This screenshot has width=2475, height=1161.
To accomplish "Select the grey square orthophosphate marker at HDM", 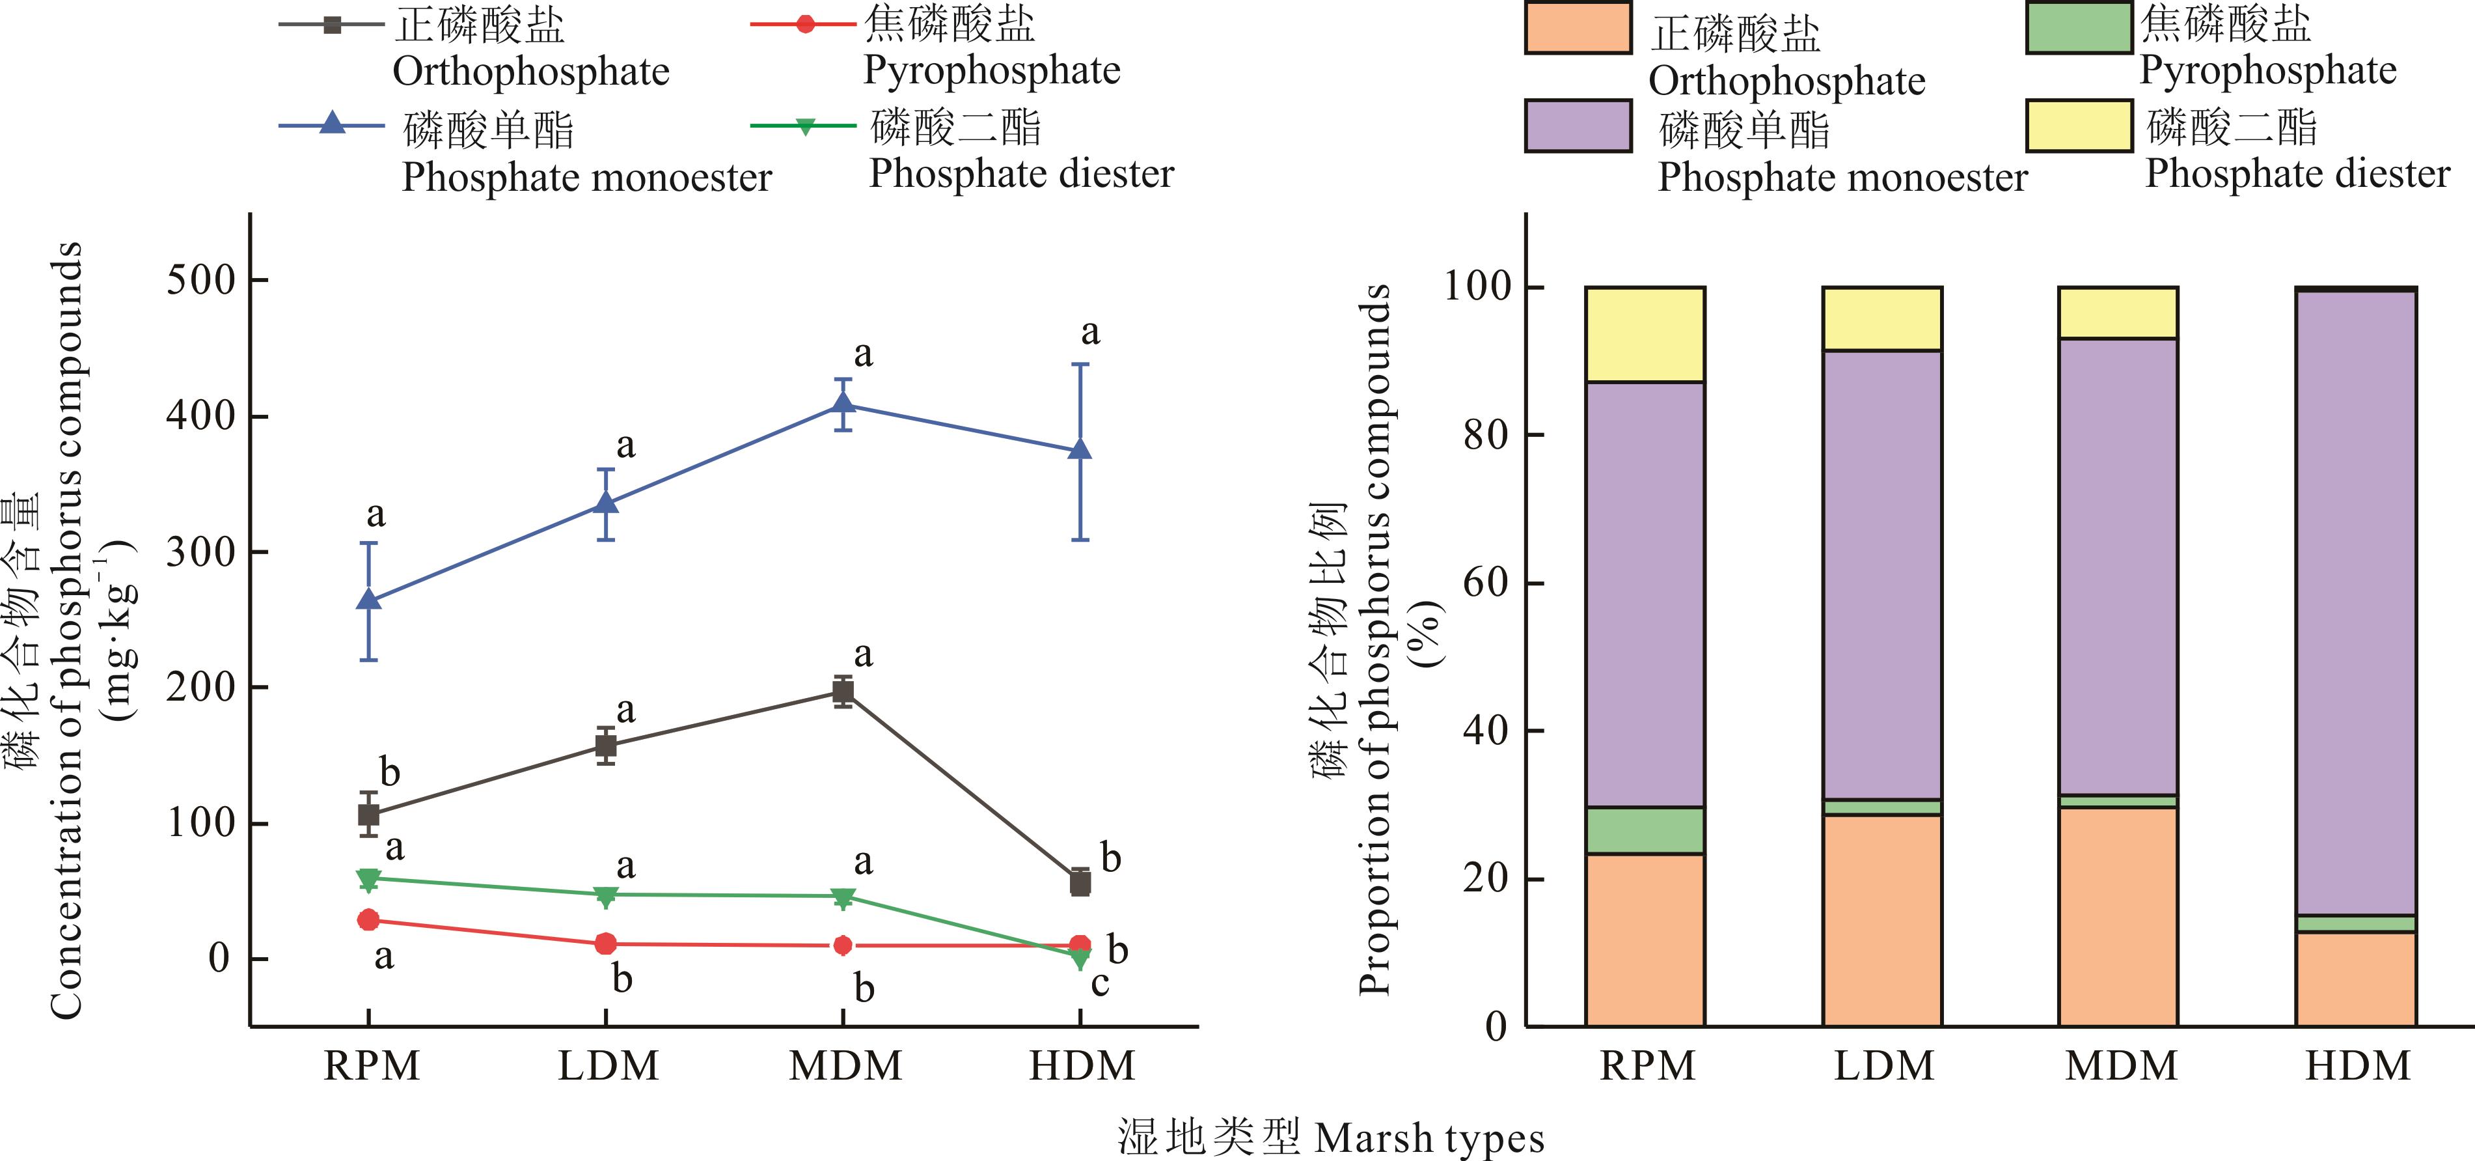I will (x=1080, y=882).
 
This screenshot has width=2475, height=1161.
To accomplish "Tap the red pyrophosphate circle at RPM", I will (x=368, y=920).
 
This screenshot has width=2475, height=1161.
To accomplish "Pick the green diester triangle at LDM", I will (x=605, y=897).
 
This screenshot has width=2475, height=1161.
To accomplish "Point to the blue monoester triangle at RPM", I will (x=368, y=600).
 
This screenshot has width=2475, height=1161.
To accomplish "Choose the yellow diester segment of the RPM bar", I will (x=1645, y=335).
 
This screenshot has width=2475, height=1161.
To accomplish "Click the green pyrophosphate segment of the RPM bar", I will (x=1645, y=830).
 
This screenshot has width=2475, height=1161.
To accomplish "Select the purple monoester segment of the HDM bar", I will (x=2356, y=600).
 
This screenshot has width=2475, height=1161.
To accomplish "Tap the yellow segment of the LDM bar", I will (x=1882, y=319).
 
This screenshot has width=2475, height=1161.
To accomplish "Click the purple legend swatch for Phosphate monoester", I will (x=1578, y=126).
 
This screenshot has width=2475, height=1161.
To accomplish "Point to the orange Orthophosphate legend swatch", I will (x=1578, y=28).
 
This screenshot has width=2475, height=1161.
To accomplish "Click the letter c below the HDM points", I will (x=1100, y=984).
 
